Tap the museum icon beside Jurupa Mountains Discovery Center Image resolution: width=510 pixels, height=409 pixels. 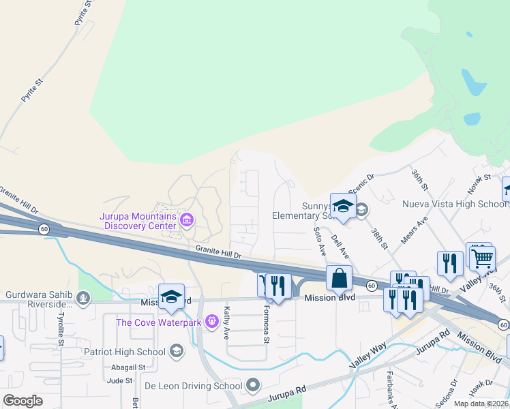coord(186,219)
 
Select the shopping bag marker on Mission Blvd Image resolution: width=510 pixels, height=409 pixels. coord(339,279)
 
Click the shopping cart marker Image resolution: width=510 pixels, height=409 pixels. coord(482,257)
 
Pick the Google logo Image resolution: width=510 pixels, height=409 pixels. coord(22,401)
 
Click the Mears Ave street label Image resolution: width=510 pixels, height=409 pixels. coord(415,232)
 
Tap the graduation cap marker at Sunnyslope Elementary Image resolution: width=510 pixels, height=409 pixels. coord(343,207)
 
